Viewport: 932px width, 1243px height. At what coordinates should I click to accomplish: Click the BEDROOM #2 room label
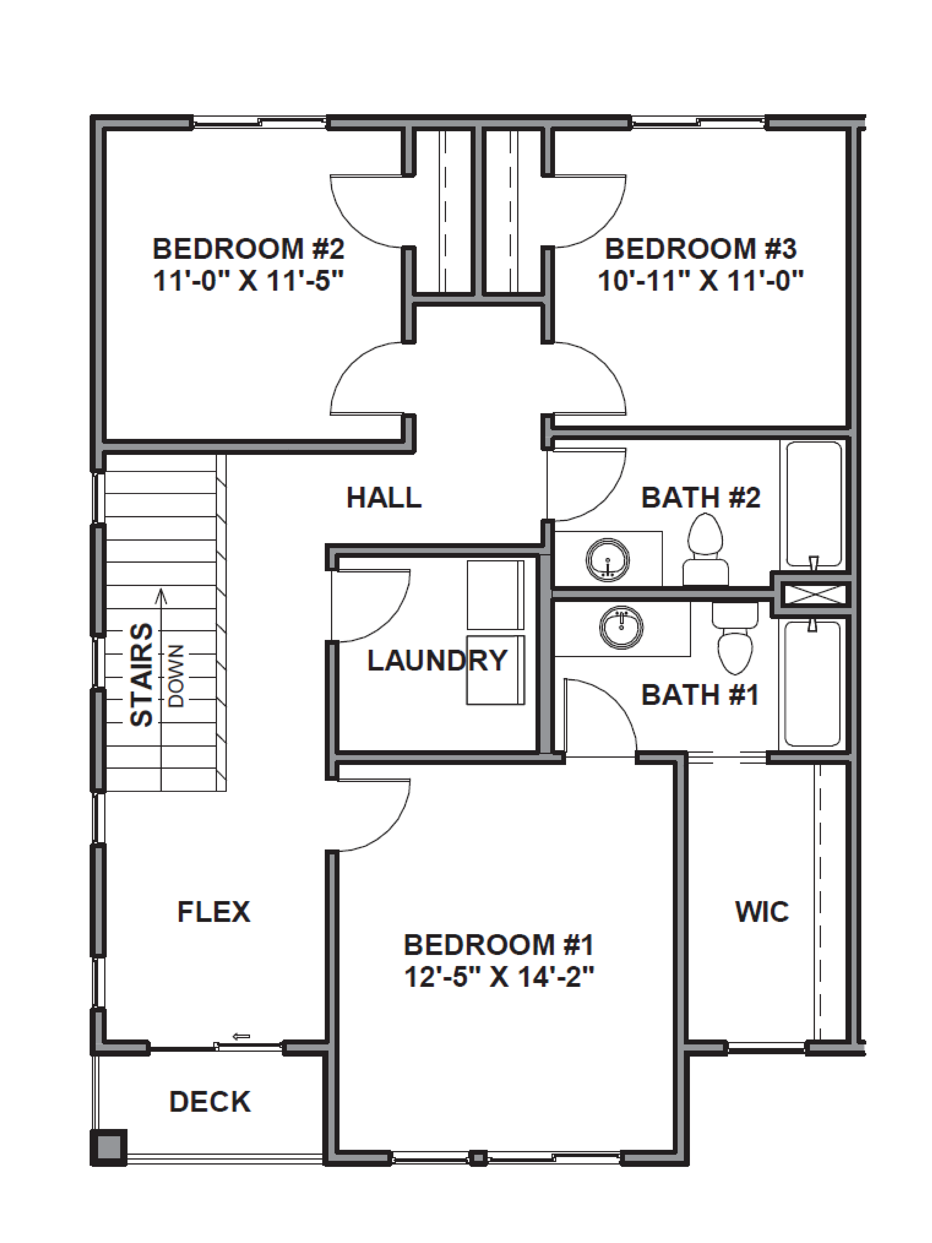point(248,249)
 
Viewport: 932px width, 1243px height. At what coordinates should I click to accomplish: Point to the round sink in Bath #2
point(607,560)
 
